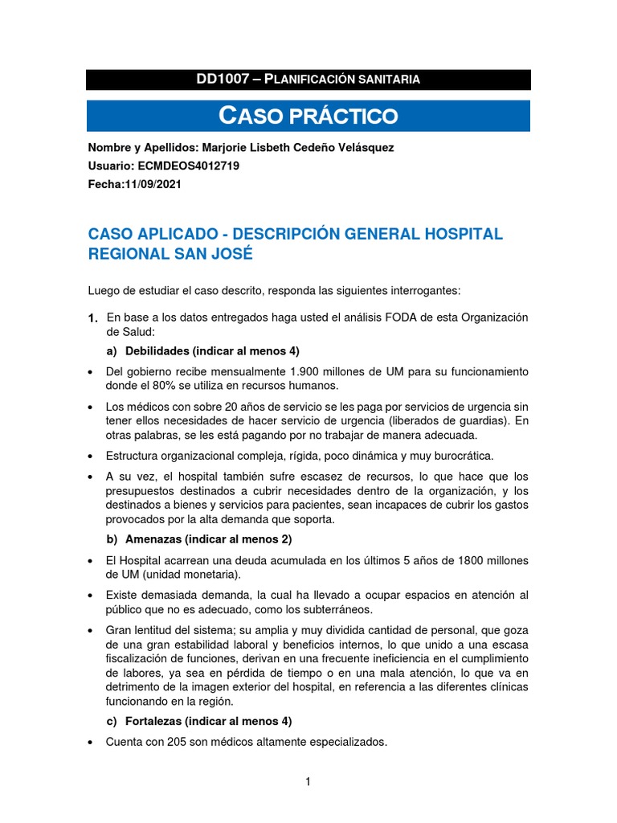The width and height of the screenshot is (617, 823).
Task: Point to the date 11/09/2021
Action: coord(152,183)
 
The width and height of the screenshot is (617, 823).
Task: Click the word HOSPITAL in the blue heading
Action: coord(457,234)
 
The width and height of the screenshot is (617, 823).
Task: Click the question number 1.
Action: coord(93,319)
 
